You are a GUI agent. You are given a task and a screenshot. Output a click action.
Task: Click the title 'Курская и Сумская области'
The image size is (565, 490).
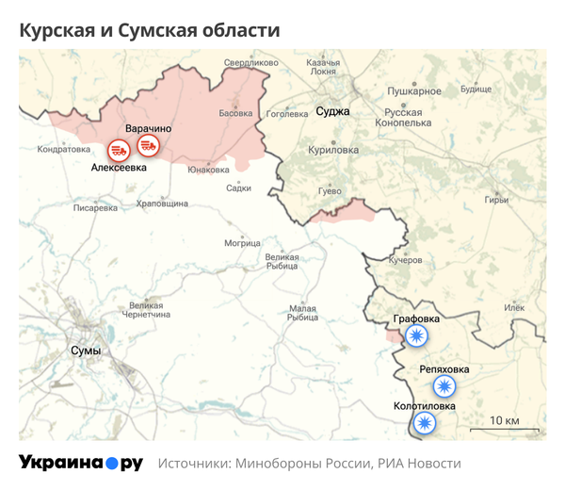pyautogui.click(x=150, y=30)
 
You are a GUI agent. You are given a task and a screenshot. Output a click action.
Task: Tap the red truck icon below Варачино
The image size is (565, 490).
pyautogui.click(x=149, y=144)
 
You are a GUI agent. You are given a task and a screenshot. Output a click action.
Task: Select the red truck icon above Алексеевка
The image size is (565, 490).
pyautogui.click(x=119, y=149)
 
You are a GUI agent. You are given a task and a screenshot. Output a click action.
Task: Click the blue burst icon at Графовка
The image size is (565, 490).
pyautogui.click(x=415, y=336)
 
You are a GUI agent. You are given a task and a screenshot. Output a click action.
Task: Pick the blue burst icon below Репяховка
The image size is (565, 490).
pyautogui.click(x=444, y=385)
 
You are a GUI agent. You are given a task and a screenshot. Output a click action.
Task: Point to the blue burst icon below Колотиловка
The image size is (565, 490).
pyautogui.click(x=426, y=423)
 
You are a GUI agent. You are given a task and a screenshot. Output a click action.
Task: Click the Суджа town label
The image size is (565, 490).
pyautogui.click(x=332, y=111)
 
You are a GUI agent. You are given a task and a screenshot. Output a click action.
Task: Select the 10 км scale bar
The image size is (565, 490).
pyautogui.click(x=505, y=429)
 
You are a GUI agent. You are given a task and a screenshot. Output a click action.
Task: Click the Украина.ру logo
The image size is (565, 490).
pyautogui.click(x=80, y=464)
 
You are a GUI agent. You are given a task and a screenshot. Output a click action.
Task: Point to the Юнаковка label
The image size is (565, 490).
pyautogui.click(x=208, y=170)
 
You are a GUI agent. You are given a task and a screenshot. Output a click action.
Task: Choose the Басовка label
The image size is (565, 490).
pyautogui.click(x=235, y=114)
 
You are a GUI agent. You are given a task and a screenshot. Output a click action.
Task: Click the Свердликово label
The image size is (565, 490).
pyautogui.click(x=251, y=63)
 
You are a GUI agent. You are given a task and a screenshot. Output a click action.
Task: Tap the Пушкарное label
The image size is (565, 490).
pyautogui.click(x=414, y=91)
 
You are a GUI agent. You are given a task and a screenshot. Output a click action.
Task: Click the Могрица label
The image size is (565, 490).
pyautogui.click(x=242, y=243)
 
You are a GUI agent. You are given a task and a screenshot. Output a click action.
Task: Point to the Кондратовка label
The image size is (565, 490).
pyautogui.click(x=63, y=149)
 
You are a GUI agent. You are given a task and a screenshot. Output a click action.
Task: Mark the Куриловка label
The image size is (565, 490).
pyautogui.click(x=334, y=149)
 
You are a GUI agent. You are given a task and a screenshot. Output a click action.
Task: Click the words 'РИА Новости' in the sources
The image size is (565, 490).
pyautogui.click(x=420, y=464)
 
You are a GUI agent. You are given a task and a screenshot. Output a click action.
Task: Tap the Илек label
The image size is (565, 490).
pyautogui.click(x=514, y=307)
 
